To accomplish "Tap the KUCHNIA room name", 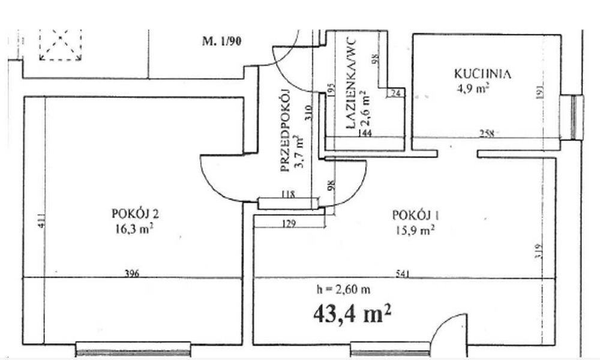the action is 482,74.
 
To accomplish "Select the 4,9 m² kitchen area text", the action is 473,88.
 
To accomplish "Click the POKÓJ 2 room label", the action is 134,214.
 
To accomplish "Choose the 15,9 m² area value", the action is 414,229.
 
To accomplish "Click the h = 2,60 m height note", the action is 343,289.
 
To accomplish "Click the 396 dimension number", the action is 131,274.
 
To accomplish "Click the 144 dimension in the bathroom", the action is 365,134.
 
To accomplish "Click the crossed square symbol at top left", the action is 60,45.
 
